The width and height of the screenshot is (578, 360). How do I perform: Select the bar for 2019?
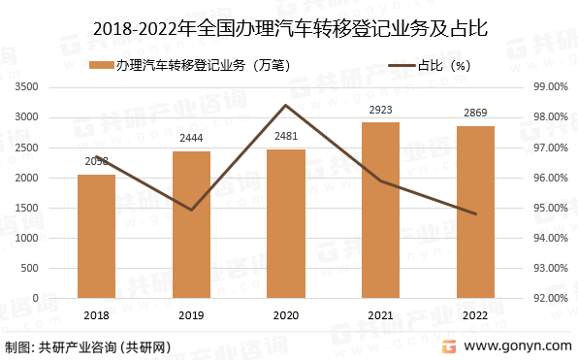191,224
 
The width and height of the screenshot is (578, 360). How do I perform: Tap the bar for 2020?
286,223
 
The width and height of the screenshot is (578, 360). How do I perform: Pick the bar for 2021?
381,210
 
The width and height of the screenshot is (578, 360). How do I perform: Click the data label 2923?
381,111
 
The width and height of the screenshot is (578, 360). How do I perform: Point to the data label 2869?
475,115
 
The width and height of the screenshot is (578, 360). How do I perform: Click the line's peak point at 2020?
286,105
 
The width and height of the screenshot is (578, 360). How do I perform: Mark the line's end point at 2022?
475,213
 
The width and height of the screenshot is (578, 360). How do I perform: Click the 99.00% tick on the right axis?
549,87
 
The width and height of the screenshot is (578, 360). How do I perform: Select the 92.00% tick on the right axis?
549,299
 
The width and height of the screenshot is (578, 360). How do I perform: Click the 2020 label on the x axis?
286,315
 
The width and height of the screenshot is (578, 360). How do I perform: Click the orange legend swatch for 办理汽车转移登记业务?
102,66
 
